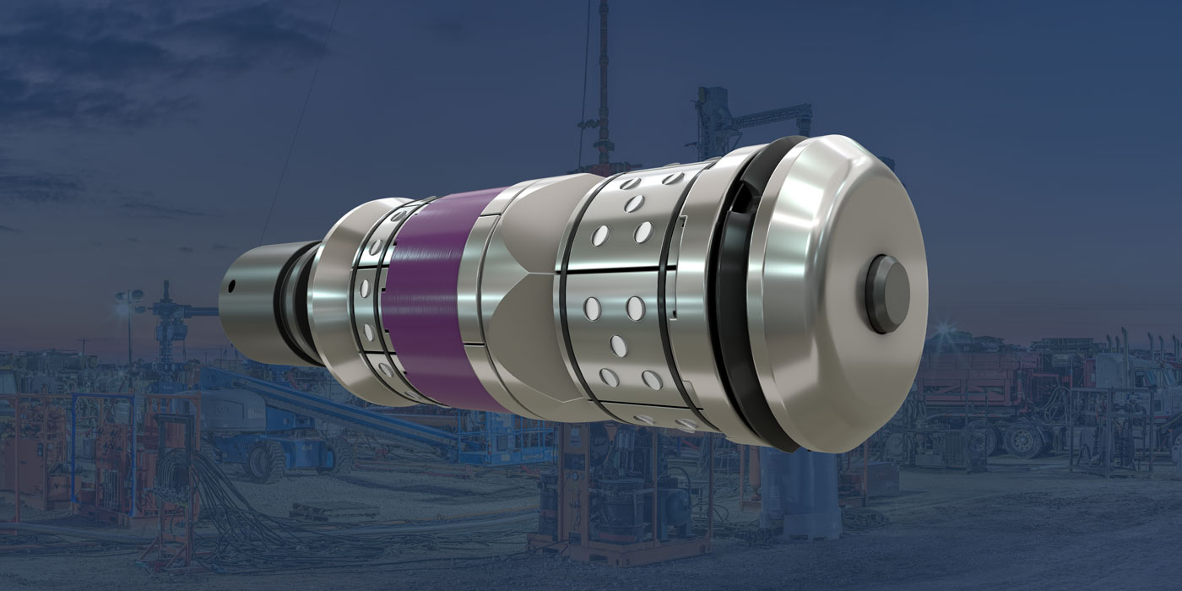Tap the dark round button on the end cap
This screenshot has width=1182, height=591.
click(x=888, y=294)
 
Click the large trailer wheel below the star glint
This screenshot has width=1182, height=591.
click(x=1022, y=438)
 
